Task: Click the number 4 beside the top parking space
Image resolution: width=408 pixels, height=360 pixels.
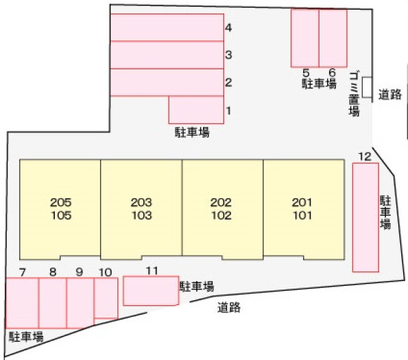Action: (228, 27)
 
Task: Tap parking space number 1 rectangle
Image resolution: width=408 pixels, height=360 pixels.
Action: (196, 110)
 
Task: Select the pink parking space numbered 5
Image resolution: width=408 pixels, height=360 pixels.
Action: (305, 38)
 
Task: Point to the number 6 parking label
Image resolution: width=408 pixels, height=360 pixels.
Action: (333, 73)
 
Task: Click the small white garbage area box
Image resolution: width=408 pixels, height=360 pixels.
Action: (367, 87)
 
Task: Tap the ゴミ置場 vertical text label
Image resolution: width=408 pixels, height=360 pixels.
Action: (354, 94)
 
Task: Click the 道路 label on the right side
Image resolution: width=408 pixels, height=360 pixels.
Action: (389, 94)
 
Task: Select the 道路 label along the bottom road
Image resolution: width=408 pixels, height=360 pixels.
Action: (229, 307)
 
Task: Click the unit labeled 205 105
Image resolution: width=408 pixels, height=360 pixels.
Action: (60, 209)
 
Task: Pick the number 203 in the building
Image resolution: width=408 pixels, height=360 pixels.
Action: (141, 202)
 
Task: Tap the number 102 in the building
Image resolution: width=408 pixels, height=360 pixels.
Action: (221, 215)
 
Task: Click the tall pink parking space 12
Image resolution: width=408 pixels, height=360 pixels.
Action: (365, 217)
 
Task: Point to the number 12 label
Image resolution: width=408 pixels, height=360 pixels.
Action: (365, 156)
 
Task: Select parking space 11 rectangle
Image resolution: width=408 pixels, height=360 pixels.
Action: (151, 291)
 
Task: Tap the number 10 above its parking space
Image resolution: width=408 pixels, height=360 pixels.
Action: (106, 272)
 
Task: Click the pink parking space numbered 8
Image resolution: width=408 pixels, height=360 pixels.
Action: (53, 303)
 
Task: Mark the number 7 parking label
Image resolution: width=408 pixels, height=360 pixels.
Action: (23, 272)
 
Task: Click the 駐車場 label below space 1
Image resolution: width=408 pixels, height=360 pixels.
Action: (192, 132)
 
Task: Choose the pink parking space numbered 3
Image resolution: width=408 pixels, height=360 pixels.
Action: (167, 55)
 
